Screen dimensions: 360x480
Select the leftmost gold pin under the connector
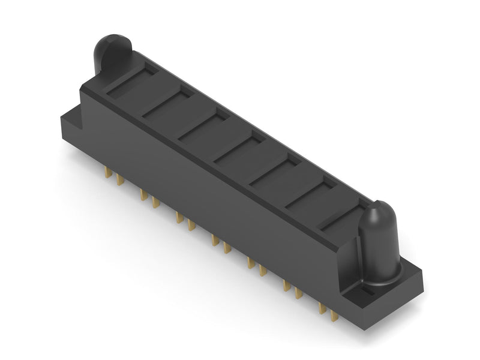[107, 173]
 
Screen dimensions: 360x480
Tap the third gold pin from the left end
[143, 194]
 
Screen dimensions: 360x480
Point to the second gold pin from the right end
[323, 307]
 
